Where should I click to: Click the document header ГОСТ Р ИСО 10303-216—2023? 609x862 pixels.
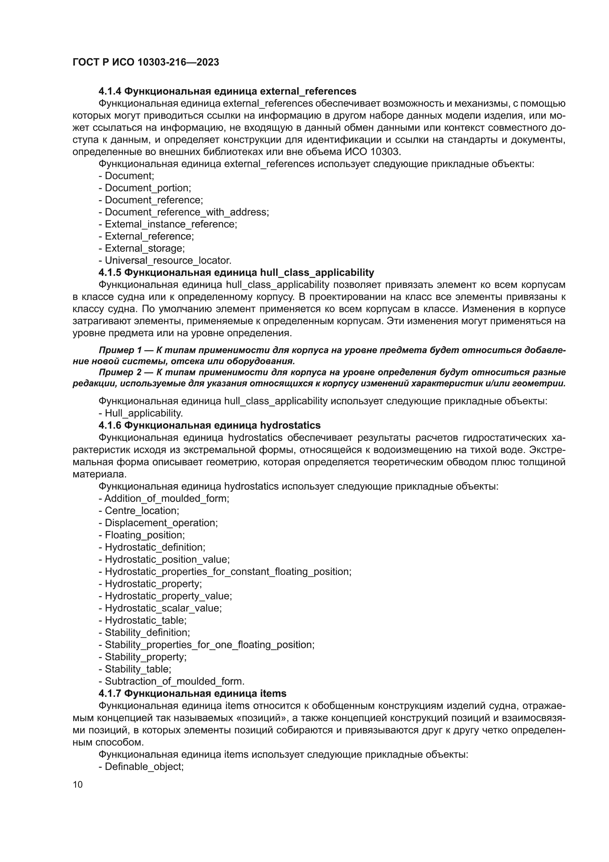point(146,62)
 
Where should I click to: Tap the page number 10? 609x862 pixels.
point(78,785)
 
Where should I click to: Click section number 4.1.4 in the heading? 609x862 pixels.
point(109,91)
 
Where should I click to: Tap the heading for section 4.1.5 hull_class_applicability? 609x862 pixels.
point(237,272)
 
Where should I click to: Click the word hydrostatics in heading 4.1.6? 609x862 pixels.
point(290,425)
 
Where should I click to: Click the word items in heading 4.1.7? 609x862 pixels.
point(273,693)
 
